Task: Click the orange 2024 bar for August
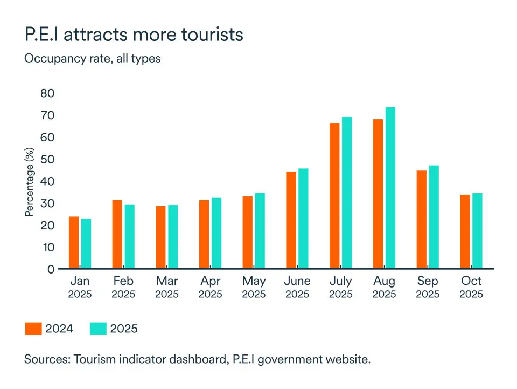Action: (378, 194)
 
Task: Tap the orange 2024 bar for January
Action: (74, 242)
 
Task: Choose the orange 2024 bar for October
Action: (465, 231)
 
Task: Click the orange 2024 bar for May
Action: (247, 232)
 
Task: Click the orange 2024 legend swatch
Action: (33, 329)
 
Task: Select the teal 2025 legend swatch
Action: (98, 329)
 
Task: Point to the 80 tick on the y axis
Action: (47, 93)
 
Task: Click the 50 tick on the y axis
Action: (47, 159)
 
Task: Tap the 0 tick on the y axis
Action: (51, 269)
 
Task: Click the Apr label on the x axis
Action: (210, 281)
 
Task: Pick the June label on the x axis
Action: (297, 281)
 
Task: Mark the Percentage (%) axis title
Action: (30, 182)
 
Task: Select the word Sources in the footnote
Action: (46, 360)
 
